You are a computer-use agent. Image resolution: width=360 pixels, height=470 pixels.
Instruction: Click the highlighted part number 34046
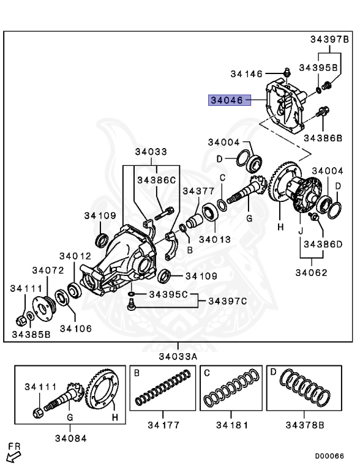pos(229,100)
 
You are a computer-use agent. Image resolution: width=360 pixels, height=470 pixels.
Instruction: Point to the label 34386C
pos(156,180)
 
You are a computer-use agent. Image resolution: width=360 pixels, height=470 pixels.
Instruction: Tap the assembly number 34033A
pos(179,356)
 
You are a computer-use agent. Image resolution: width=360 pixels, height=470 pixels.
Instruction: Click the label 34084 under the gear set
pos(70,438)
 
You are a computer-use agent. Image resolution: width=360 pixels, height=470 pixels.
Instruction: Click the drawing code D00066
pos(329,456)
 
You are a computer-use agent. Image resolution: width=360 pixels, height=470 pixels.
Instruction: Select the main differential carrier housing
pos(122,257)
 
